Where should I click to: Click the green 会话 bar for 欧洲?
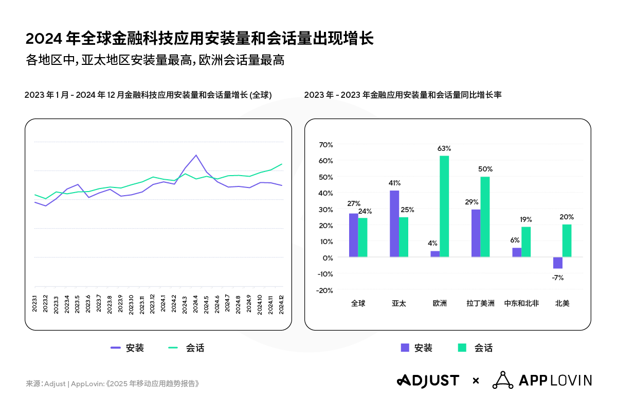[x=444, y=206]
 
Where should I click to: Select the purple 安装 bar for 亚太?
[x=394, y=224]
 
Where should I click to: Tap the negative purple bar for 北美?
[x=558, y=263]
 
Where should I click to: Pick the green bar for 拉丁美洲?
[x=485, y=217]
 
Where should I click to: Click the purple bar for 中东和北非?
[x=517, y=252]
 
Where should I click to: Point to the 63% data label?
[x=444, y=148]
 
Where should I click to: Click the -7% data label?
[x=558, y=278]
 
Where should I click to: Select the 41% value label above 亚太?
[x=394, y=183]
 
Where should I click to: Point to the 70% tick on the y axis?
[x=326, y=144]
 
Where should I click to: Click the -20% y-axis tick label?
[x=325, y=290]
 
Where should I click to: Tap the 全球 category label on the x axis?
[x=358, y=303]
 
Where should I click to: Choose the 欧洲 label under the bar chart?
[x=440, y=303]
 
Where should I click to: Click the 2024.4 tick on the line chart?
[x=196, y=304]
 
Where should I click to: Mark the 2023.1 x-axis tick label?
[x=34, y=304]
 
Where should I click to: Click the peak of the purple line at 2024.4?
[x=196, y=155]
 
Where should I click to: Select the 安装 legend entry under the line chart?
[x=128, y=348]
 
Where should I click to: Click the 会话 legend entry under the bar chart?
[x=475, y=348]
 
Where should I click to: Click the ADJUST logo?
[x=428, y=381]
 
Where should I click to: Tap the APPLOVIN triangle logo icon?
[x=502, y=380]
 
